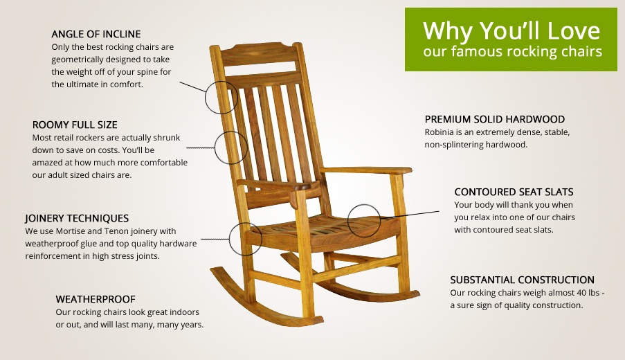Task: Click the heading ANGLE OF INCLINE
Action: (x=96, y=34)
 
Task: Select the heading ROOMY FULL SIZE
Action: (x=75, y=125)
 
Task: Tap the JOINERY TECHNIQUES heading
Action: (x=77, y=218)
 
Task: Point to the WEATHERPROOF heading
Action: (x=96, y=299)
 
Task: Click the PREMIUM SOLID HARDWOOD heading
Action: (x=495, y=119)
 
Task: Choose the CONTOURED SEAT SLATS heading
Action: (x=514, y=192)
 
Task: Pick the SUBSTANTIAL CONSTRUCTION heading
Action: (x=522, y=280)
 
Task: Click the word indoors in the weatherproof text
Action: (x=183, y=312)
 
